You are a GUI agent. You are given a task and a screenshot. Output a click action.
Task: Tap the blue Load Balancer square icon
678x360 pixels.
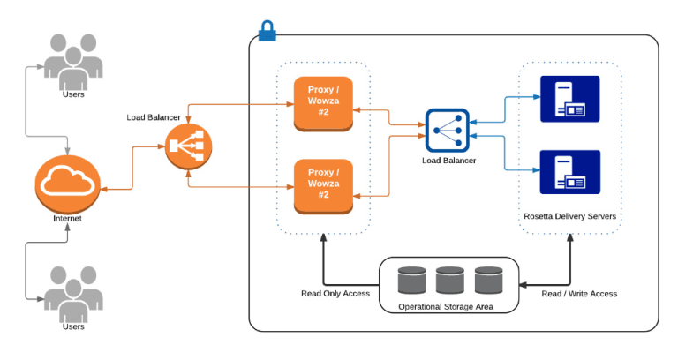coord(448,131)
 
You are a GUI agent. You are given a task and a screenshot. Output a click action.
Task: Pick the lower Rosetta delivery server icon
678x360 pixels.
coord(569,171)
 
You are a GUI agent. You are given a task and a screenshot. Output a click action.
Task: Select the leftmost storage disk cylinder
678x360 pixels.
coord(412,281)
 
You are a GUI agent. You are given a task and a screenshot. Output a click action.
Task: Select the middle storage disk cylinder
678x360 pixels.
coord(449,281)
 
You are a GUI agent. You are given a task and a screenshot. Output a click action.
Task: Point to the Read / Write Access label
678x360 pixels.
coord(578,293)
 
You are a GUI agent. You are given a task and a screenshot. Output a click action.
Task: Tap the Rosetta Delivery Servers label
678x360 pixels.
coord(569,215)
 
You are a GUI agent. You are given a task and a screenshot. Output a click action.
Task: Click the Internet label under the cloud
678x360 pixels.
coord(68,217)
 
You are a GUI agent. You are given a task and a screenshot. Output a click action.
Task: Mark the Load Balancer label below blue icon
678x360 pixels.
coord(448,161)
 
